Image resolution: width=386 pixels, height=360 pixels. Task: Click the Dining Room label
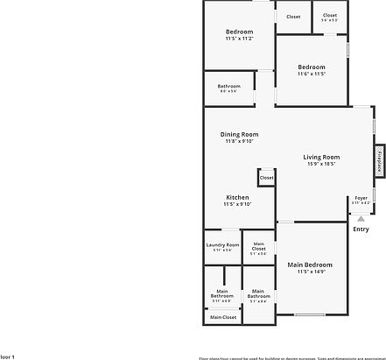pos(238,134)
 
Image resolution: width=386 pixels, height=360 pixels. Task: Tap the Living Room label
pos(321,157)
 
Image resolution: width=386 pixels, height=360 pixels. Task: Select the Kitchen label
pos(238,198)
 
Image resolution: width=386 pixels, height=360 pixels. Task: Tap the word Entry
pos(360,229)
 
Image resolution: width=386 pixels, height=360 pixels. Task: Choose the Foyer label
pos(361,198)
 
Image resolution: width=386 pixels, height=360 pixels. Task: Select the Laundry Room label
pos(222,245)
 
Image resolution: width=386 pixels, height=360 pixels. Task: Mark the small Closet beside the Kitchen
pos(266,178)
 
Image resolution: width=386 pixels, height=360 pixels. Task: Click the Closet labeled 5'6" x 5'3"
pos(329,16)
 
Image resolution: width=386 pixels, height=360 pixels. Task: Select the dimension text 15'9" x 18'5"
pos(321,164)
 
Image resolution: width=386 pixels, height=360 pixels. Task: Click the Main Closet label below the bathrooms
pos(222,317)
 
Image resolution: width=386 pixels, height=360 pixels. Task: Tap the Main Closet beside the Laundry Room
pos(258,248)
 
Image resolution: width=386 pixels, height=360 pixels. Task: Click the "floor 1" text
pos(7,356)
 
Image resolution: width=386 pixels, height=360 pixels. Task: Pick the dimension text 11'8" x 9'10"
pos(238,141)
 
